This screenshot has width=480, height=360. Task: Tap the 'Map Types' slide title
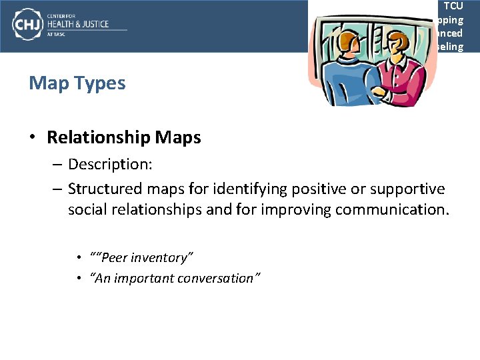pos(77,83)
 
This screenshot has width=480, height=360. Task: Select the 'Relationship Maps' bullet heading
pos(123,137)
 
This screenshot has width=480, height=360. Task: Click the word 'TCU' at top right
pos(453,6)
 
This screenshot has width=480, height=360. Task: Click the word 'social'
pos(86,209)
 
